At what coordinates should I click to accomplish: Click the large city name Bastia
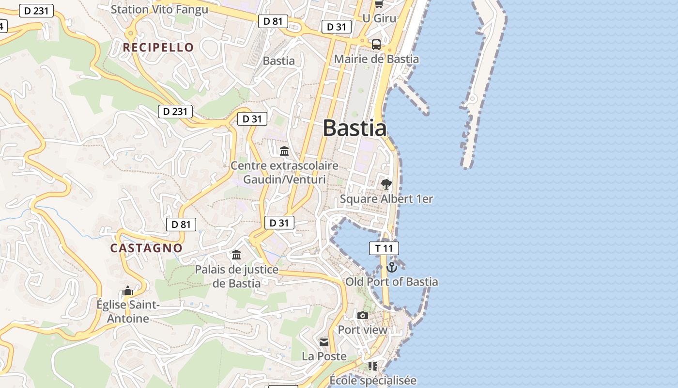(x=354, y=129)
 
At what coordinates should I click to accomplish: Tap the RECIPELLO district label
(x=158, y=48)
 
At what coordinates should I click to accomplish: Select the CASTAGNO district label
(x=146, y=248)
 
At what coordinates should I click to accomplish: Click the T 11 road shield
(x=384, y=248)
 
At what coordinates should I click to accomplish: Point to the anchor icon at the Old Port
(x=391, y=267)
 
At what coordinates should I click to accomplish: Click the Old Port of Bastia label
(x=391, y=282)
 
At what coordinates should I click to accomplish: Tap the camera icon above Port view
(x=362, y=316)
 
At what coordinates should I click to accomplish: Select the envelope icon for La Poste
(x=324, y=342)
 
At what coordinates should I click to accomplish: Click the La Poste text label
(x=324, y=356)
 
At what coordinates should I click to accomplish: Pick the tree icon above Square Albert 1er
(x=386, y=184)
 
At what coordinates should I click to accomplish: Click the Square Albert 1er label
(x=386, y=199)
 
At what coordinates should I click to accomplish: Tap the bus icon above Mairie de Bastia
(x=376, y=45)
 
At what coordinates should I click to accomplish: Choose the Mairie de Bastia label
(x=376, y=59)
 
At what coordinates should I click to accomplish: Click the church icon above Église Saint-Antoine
(x=128, y=291)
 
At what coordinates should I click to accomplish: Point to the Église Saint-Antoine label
(x=128, y=312)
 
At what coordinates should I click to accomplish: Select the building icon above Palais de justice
(x=236, y=255)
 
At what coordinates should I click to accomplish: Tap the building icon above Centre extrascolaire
(x=284, y=151)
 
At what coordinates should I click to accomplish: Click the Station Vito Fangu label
(x=159, y=9)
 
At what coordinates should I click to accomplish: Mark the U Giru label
(x=379, y=18)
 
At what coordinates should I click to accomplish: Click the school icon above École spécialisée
(x=372, y=366)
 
